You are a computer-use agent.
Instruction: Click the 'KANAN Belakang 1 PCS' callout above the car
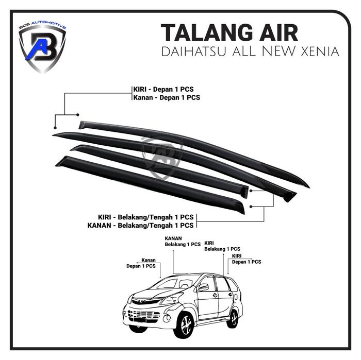tap(183, 241)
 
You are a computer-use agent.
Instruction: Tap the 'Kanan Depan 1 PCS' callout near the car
tap(141, 263)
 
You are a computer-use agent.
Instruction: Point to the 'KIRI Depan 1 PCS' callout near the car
tap(247, 259)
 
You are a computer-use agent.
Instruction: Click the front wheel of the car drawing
tap(184, 324)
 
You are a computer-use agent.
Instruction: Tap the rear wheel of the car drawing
tap(233, 318)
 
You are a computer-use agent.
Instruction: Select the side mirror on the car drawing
tap(203, 287)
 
